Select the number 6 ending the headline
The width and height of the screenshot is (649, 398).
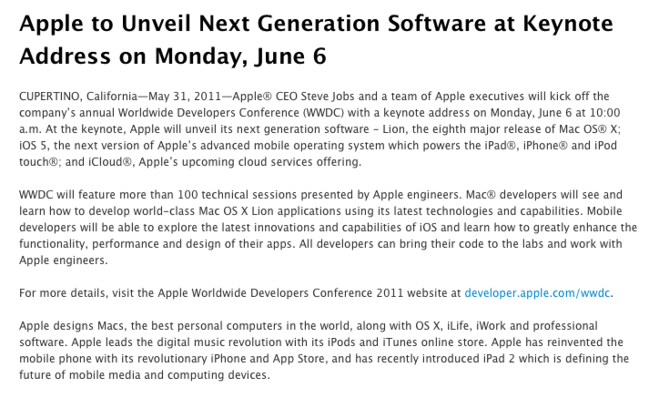[x=319, y=56]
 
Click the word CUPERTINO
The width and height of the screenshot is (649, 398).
[x=49, y=96]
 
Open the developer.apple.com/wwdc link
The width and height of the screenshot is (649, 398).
[x=536, y=293]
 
